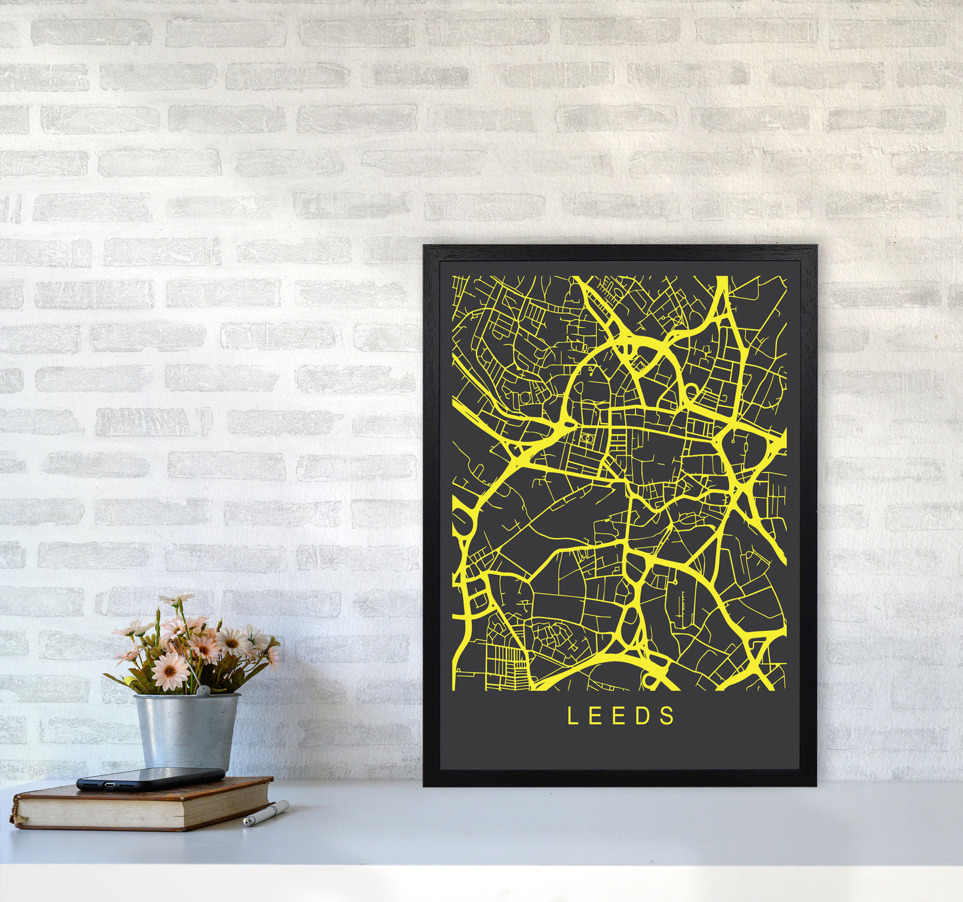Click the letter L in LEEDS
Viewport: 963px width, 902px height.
(572, 716)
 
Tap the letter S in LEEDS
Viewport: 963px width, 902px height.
(668, 716)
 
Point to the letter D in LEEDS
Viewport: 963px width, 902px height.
(645, 716)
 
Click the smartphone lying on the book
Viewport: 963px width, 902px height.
(151, 778)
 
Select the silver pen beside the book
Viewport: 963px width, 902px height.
(266, 814)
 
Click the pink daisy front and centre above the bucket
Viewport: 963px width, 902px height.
(170, 671)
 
